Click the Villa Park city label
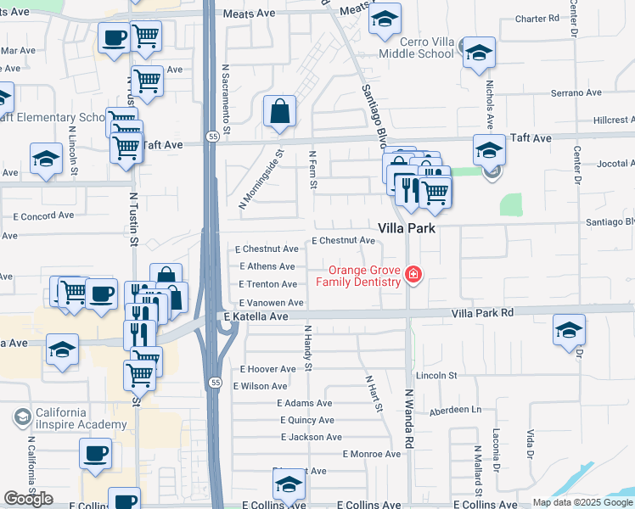coord(407,229)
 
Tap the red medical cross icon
coord(413,274)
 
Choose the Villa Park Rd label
coord(483,312)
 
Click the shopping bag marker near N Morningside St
coord(279,112)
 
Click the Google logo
coord(29,499)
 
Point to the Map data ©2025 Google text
coord(582,502)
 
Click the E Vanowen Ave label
coord(271,303)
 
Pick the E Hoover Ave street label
coord(268,369)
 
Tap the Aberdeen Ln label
coord(455,410)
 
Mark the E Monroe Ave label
coord(371,455)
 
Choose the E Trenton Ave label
coord(267,284)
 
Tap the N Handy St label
coord(309,350)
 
